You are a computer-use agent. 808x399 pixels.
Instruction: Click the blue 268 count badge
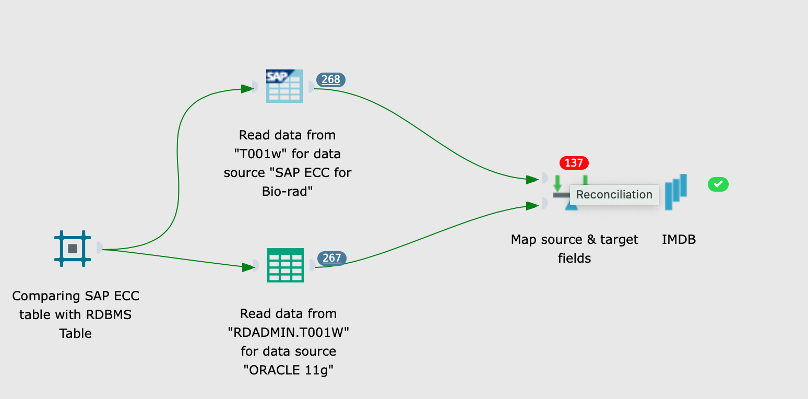coord(331,79)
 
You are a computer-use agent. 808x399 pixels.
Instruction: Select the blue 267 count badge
coord(332,258)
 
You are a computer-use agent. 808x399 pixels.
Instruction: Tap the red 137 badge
coord(574,163)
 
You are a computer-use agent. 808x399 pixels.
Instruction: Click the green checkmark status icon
coord(718,184)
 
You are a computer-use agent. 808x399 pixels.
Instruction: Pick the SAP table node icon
coord(284,86)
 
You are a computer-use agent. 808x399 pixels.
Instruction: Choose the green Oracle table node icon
coord(285,265)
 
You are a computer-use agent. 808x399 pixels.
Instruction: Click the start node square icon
coord(73,249)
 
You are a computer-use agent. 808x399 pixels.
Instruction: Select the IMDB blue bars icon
coord(676,192)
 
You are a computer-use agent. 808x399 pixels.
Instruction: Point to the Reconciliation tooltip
coord(614,195)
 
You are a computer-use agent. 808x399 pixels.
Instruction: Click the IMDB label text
coord(679,240)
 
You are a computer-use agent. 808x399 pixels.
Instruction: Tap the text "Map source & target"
coord(574,240)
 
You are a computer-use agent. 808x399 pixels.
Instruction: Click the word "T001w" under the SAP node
coord(259,154)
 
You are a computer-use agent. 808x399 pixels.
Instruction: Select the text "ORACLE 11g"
coord(288,370)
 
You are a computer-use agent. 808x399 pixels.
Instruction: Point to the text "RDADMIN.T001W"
coord(289,333)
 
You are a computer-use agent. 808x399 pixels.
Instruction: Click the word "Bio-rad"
coord(287,192)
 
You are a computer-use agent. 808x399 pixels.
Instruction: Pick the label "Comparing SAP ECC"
coord(76,296)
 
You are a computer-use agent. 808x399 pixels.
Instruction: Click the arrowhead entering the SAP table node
coord(247,89)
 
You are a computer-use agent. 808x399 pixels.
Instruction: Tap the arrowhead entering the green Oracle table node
coord(248,267)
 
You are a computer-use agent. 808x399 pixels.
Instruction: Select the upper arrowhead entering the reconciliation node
coord(532,180)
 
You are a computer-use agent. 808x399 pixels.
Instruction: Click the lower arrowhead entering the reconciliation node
coord(532,206)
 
